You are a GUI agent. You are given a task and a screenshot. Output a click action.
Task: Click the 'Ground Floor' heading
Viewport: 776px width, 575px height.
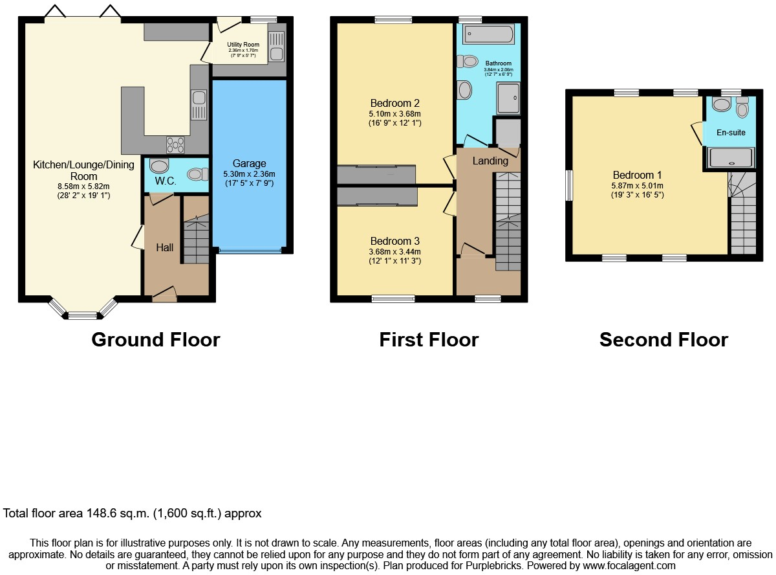coord(155,339)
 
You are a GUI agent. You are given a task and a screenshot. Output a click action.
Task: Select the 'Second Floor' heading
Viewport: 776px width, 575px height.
coord(663,339)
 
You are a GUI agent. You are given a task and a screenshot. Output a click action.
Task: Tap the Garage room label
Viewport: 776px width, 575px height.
coord(249,164)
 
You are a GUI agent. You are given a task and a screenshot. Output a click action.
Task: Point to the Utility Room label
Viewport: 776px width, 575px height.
coord(243,45)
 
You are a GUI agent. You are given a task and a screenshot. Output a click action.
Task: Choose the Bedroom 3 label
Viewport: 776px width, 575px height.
coord(394,241)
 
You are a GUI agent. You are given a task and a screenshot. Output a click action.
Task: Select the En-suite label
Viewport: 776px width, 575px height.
coord(731,133)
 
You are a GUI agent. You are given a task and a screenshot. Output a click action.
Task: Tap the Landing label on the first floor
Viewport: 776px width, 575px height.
coord(490,161)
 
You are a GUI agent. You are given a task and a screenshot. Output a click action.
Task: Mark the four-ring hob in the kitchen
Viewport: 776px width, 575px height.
coord(175,144)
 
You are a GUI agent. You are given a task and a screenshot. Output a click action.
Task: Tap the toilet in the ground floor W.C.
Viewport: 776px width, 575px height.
coord(197,174)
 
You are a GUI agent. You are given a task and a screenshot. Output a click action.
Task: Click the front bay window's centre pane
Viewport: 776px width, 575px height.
coord(81,316)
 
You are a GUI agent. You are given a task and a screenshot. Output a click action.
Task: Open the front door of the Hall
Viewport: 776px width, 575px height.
coord(164,295)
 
